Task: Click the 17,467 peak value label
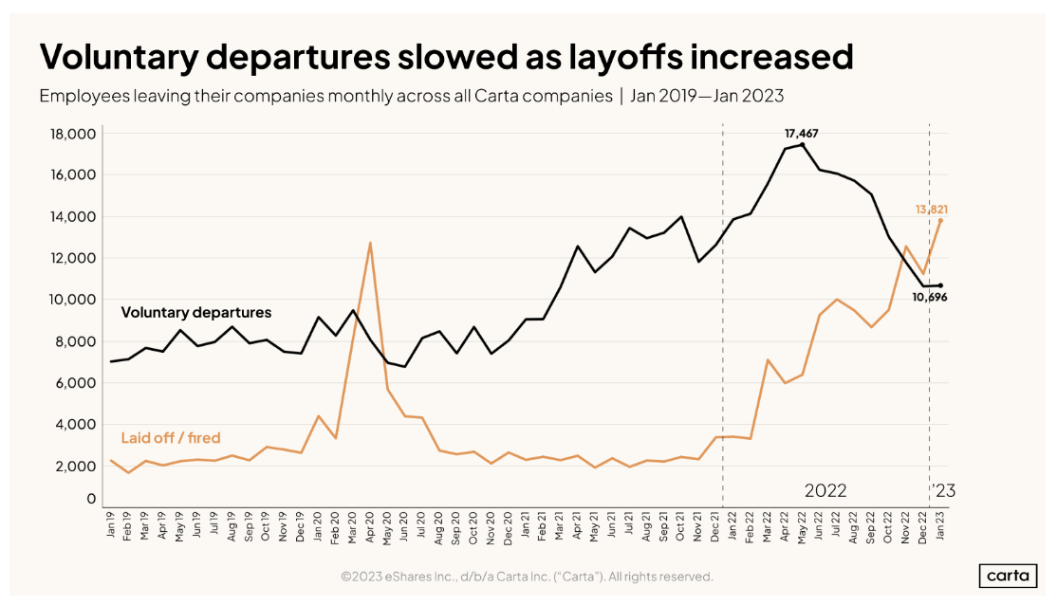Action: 802,134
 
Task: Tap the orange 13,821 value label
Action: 932,209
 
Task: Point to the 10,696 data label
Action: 929,297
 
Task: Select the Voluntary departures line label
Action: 195,312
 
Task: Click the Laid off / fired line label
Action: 171,437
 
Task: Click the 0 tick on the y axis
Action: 92,499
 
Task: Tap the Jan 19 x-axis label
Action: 112,524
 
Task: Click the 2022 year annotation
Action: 825,491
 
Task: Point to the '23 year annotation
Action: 944,491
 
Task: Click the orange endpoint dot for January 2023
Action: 940,220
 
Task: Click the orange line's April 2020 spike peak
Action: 370,243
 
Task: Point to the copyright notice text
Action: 527,577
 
